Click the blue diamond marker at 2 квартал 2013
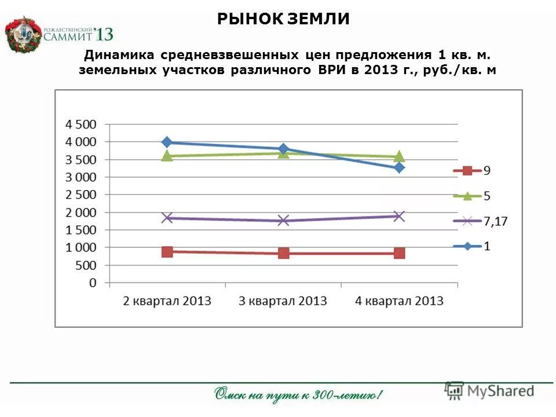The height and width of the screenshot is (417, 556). (167, 142)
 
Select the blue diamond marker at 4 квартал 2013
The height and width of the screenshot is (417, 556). (399, 167)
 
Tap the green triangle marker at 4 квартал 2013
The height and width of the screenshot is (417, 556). (399, 156)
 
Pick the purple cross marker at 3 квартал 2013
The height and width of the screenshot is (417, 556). (283, 220)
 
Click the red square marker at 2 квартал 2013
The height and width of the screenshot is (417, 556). (167, 251)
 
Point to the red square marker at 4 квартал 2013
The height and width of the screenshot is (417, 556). (399, 253)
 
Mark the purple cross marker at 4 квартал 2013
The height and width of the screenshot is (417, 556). (399, 216)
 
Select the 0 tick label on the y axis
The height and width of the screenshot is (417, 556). (93, 283)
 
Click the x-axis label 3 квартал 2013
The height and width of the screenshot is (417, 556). (283, 301)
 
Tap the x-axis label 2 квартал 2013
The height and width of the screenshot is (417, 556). (167, 301)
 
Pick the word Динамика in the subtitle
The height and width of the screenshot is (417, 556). (118, 56)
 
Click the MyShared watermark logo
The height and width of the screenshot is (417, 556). (490, 391)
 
